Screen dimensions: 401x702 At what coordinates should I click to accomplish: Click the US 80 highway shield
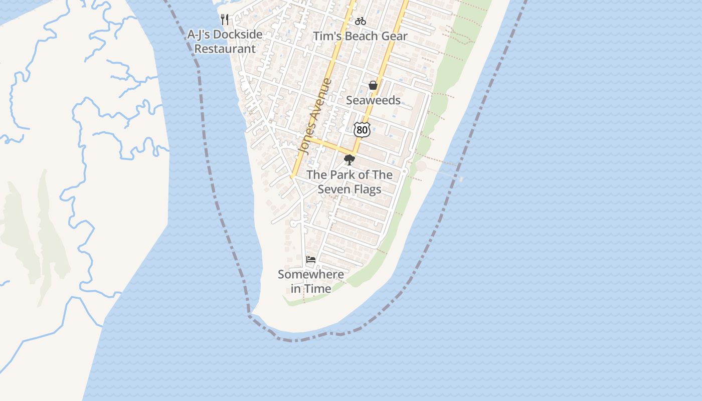point(362,129)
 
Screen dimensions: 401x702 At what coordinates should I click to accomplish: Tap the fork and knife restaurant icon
point(225,20)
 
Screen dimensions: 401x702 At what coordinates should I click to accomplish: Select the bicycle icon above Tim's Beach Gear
point(360,21)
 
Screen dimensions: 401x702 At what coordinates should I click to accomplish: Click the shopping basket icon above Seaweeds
point(373,85)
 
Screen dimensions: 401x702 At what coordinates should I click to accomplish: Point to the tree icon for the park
point(349,160)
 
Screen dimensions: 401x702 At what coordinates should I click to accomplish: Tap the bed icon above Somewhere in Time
point(311,260)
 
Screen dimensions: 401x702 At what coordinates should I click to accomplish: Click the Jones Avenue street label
point(315,116)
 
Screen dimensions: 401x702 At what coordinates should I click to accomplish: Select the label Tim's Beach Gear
point(360,36)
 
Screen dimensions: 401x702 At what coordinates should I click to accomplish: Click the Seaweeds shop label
point(373,100)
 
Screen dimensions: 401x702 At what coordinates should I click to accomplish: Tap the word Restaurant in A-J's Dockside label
point(225,49)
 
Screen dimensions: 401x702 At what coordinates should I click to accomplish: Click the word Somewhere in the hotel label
point(310,274)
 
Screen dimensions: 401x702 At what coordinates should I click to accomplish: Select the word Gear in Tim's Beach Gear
point(394,36)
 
